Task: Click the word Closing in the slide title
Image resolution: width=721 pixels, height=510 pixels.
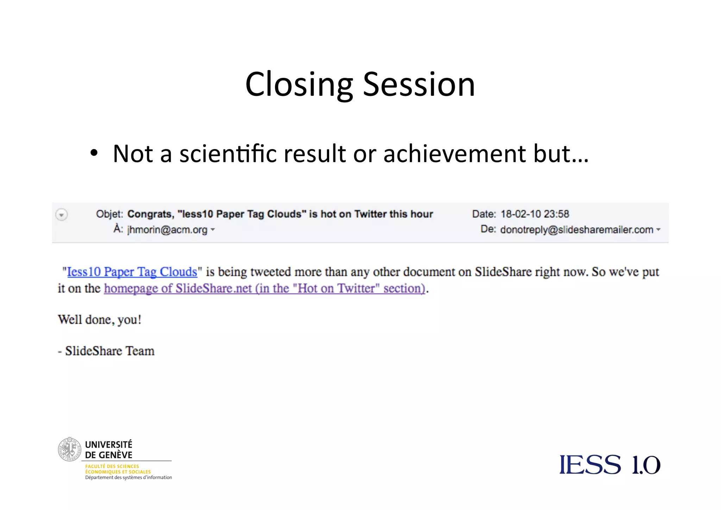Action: point(299,85)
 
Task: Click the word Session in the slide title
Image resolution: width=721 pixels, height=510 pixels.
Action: point(419,85)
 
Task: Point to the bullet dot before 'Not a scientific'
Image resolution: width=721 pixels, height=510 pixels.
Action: point(94,153)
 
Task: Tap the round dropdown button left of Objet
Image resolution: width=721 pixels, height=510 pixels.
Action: point(62,214)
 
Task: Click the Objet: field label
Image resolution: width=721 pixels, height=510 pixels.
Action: point(109,214)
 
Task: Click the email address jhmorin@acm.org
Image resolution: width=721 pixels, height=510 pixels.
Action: point(167,230)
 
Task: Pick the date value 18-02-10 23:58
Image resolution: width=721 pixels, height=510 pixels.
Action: point(535,214)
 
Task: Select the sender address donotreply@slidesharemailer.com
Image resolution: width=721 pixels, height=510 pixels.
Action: point(577,230)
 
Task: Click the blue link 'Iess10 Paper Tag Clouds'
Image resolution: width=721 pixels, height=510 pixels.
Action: point(132,272)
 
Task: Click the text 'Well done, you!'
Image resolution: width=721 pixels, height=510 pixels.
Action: point(100,320)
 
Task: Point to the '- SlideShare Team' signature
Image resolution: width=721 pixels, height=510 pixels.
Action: point(106,351)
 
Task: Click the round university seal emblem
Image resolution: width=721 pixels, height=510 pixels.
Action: point(69,449)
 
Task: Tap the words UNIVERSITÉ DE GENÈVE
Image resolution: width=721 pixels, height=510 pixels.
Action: point(109,450)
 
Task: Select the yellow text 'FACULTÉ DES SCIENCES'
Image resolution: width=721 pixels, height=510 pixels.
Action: point(112,466)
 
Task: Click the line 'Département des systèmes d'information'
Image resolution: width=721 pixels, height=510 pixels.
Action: point(128,478)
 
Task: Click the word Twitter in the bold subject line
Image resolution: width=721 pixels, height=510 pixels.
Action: point(370,214)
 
